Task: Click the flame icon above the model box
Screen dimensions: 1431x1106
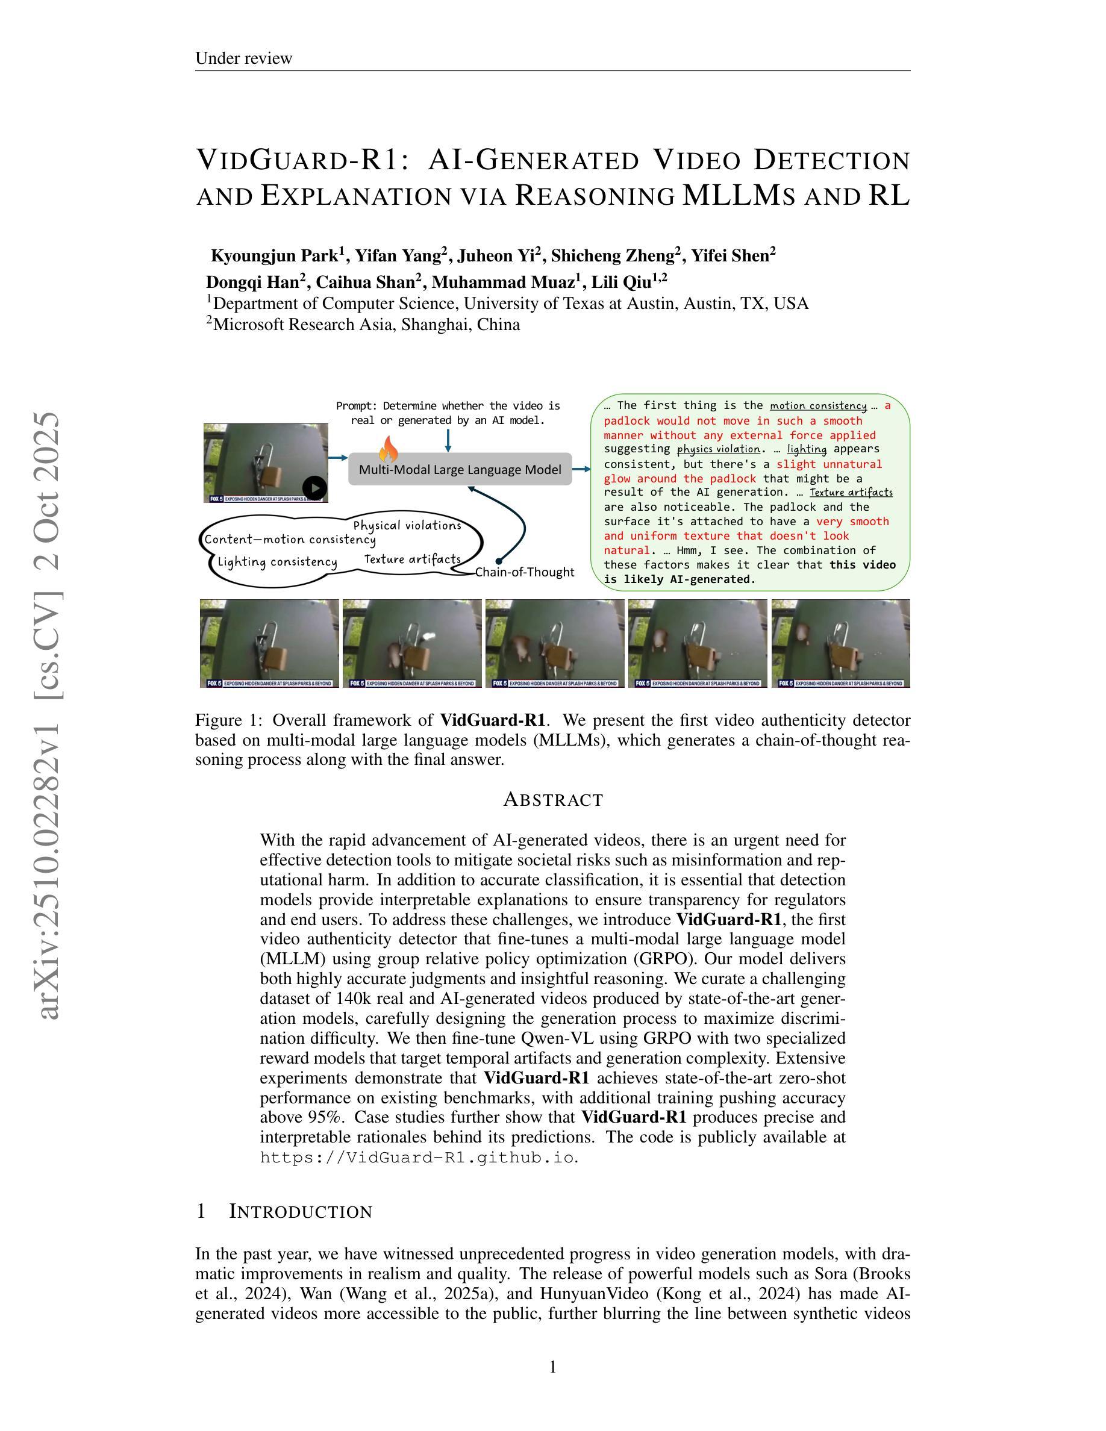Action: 388,449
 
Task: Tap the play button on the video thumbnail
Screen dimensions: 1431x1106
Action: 315,487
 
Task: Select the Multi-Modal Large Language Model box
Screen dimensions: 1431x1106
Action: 460,469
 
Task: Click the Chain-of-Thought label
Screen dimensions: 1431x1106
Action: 524,572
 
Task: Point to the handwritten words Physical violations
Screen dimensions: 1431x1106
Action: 407,526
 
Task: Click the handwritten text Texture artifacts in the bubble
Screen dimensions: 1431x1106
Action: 412,559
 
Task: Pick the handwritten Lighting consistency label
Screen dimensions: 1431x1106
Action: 277,561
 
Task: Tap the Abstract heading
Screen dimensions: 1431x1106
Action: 553,799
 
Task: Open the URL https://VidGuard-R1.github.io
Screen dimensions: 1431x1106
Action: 417,1158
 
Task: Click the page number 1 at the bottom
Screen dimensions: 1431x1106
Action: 552,1367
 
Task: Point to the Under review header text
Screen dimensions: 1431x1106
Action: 244,58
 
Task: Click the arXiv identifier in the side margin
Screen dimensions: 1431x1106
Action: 49,714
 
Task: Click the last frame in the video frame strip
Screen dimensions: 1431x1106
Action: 840,643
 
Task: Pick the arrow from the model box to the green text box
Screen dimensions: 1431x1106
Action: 581,469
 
